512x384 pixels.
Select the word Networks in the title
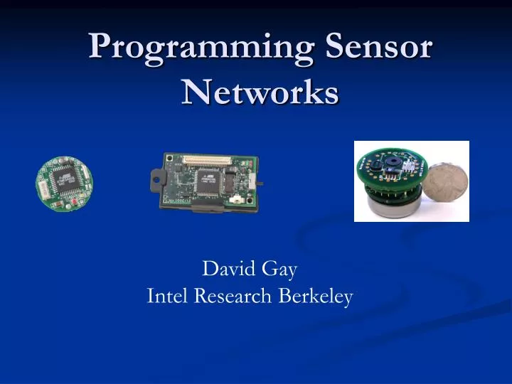[x=260, y=92]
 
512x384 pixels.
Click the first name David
[x=226, y=269]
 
